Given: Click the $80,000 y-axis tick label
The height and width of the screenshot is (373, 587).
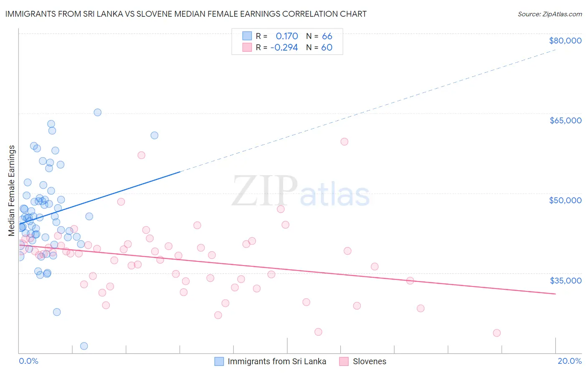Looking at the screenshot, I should click(565, 41).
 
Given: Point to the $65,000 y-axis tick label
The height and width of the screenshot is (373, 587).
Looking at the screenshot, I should click(565, 120).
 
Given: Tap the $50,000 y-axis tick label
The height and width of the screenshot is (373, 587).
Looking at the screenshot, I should click(565, 200).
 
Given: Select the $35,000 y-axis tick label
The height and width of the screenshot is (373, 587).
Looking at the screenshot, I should click(565, 280).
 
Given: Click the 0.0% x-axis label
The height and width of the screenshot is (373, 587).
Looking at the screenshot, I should click(28, 361).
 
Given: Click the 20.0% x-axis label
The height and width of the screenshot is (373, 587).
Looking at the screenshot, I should click(569, 361).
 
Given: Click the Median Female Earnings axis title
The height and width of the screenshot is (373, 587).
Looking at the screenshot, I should click(12, 191).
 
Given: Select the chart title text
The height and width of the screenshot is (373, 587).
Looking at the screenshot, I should click(186, 14).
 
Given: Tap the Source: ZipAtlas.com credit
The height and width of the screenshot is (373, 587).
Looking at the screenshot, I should click(549, 14).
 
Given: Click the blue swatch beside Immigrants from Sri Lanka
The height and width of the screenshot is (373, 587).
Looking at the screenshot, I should click(219, 361).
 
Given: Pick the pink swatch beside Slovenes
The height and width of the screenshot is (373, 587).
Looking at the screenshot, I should click(344, 361).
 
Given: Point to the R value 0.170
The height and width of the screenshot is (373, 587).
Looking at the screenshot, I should click(287, 36).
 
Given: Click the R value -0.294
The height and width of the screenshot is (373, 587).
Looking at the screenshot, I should click(284, 47).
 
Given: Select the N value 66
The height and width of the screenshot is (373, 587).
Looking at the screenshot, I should click(327, 36).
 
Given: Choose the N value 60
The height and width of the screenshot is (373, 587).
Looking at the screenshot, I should click(327, 47).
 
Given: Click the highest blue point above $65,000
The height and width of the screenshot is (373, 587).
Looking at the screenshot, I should click(97, 112).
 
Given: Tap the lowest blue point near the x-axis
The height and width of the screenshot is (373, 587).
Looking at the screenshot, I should click(84, 346).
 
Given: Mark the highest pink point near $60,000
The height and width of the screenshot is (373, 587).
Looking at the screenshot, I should click(344, 141).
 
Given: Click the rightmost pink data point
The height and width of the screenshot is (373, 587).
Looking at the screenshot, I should click(496, 333).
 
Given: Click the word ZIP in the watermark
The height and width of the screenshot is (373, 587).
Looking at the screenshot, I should click(265, 191).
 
